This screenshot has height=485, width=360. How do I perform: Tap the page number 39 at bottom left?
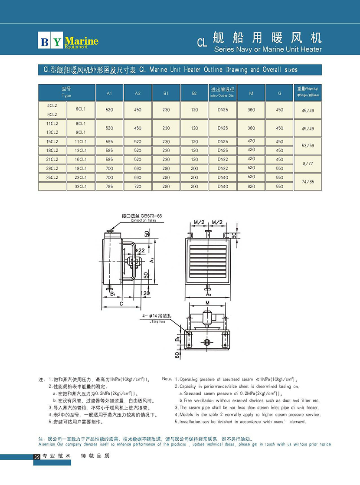point(36,457)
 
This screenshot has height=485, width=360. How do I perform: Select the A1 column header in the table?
point(109,93)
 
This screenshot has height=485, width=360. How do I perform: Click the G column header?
point(279,93)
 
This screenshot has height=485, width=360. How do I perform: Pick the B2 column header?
point(194,93)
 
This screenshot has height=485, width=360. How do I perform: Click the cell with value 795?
point(109,187)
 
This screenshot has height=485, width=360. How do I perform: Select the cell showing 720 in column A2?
point(137,187)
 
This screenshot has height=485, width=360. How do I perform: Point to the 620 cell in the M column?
point(251,187)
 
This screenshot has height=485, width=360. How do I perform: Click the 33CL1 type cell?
point(81,187)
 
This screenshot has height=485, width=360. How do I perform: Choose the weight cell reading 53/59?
point(308,146)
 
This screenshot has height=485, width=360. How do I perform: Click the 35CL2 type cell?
point(52,177)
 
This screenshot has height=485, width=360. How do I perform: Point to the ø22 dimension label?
point(140,250)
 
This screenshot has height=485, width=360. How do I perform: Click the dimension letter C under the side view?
point(121,304)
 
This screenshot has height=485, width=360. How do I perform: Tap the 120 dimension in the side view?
point(145,294)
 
